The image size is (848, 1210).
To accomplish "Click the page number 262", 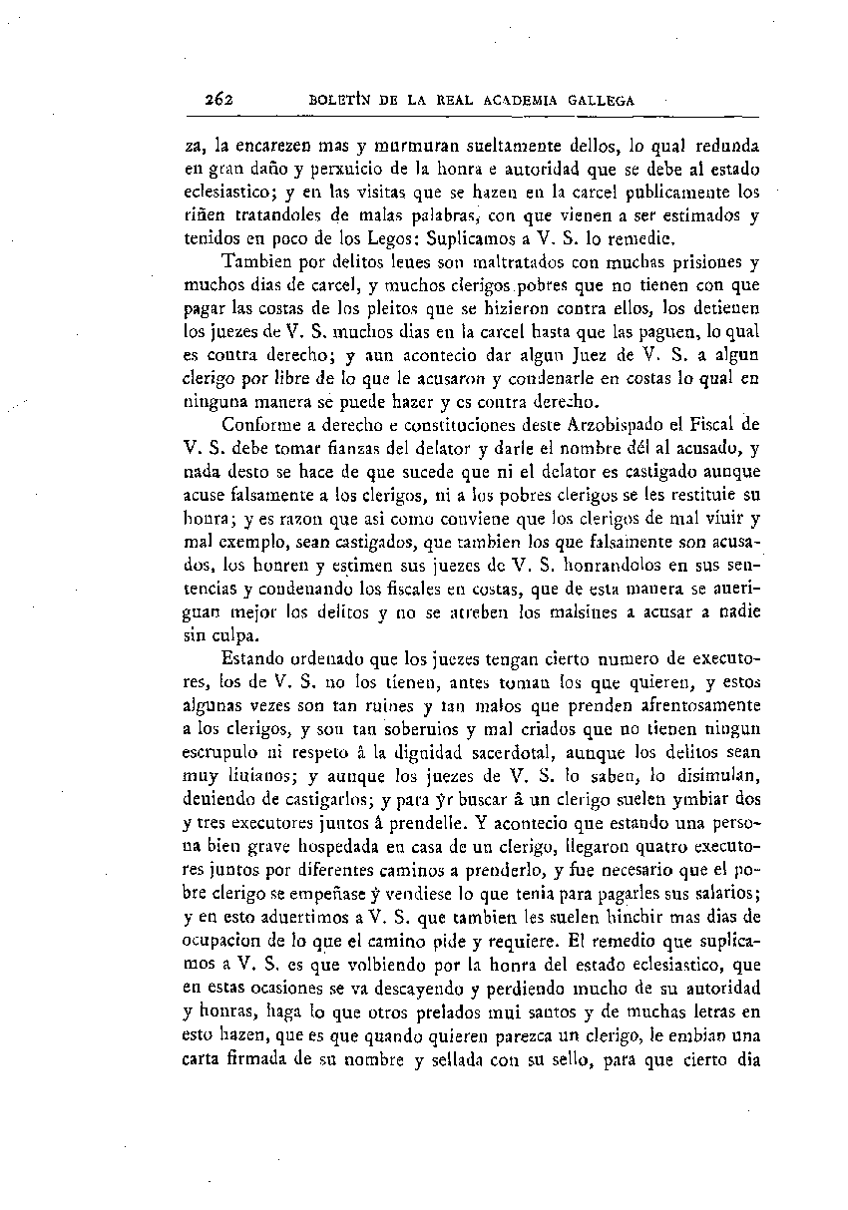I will (x=217, y=99).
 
